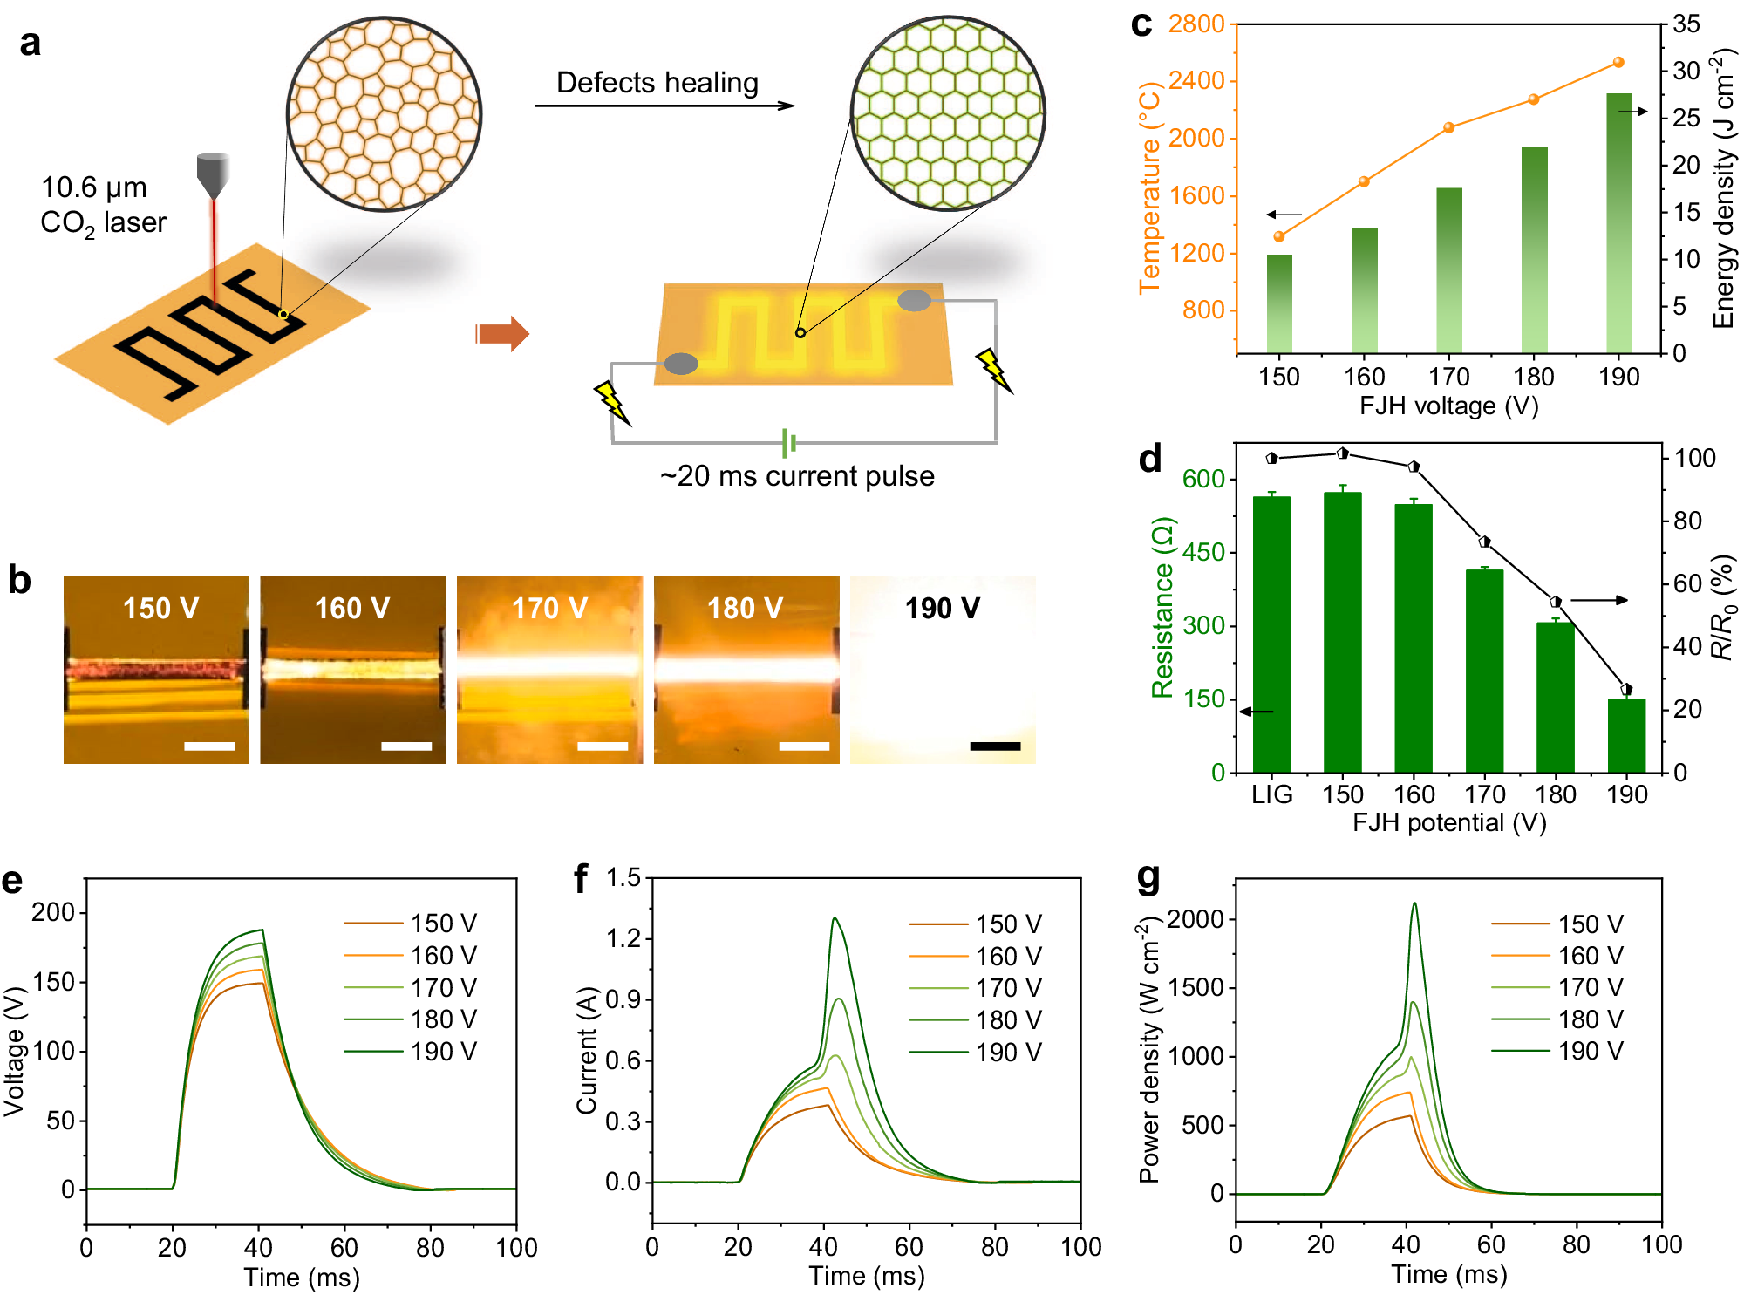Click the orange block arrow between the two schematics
(503, 333)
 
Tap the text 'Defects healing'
(657, 83)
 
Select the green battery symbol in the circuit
(788, 443)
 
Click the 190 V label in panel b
(942, 608)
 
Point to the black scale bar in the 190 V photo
(994, 746)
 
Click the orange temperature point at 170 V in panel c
(1448, 127)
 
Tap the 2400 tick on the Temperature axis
(1196, 81)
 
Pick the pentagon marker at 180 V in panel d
(1556, 602)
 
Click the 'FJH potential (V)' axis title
(1448, 822)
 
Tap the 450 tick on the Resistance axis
(1202, 552)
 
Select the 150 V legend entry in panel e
(410, 923)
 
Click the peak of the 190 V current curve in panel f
(835, 918)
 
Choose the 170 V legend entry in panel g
(1557, 987)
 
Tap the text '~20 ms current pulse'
(797, 476)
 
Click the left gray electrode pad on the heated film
(681, 364)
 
